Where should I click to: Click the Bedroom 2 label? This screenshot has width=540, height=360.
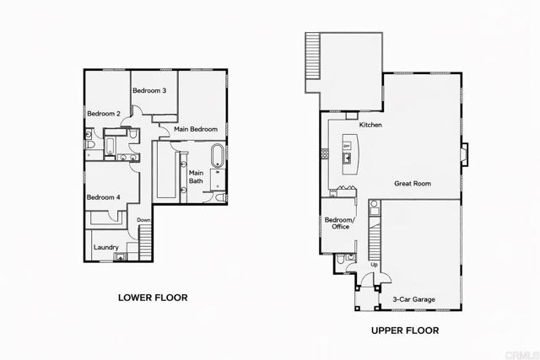point(104,114)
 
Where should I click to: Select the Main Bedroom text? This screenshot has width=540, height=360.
point(196,129)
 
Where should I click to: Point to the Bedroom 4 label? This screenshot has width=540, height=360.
point(104,197)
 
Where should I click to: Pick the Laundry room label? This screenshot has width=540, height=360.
point(106,247)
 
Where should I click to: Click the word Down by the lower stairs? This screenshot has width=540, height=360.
point(143,221)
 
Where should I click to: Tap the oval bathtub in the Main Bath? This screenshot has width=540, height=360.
point(217,155)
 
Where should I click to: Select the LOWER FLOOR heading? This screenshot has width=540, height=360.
point(152,298)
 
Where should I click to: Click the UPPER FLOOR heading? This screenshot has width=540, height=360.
point(405,331)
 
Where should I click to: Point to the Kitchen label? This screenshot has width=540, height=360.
point(371,125)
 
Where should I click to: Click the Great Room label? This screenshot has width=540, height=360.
point(413,183)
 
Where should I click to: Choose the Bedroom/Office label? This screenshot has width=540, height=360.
point(341,223)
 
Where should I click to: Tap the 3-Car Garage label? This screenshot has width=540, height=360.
point(413,298)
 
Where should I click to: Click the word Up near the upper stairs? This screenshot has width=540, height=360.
point(375,265)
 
